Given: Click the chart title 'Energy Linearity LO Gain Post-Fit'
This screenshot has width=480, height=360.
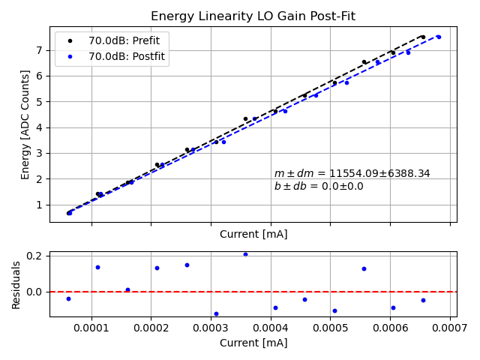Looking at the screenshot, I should coord(253,16).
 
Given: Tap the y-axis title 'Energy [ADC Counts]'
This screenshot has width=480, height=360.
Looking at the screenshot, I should coord(25,124).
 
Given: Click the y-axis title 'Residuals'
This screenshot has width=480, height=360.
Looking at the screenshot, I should coord(16,284).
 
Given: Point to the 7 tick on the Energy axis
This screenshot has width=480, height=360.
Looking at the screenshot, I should coord(39,50).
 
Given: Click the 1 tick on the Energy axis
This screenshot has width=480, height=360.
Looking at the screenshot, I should coord(39,205).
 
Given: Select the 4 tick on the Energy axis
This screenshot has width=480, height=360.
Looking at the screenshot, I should coord(39,127).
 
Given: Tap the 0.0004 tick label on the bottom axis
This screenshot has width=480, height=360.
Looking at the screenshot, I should coord(271,328).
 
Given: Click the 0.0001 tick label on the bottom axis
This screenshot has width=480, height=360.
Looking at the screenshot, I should coord(91,328).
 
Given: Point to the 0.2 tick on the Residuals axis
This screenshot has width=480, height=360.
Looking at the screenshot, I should coord(34,256).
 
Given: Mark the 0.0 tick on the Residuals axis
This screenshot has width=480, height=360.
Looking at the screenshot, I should coord(34,292).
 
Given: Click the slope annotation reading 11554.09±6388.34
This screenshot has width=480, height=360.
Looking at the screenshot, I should coord(352,173).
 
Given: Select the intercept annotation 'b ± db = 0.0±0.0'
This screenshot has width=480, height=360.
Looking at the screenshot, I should coord(318,187).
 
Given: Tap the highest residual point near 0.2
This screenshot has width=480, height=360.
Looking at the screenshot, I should coord(245,254).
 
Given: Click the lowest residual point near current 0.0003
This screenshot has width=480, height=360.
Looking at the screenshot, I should coord(216,313).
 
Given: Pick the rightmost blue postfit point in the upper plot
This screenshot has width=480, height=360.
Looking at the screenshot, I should coord(438,37).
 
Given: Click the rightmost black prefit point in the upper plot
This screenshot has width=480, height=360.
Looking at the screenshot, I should coord(423,37).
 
